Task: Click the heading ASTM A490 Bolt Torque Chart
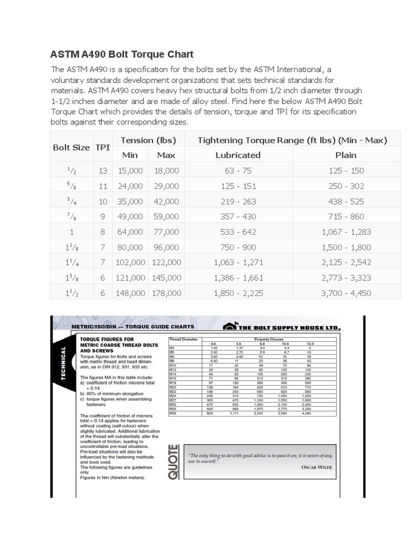coord(122,55)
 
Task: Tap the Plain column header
coord(346,155)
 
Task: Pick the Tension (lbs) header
coord(148,140)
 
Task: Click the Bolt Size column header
coord(71,147)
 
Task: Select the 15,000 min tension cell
coord(129,170)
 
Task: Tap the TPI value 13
coord(102,170)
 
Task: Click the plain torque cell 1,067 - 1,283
coord(346,232)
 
